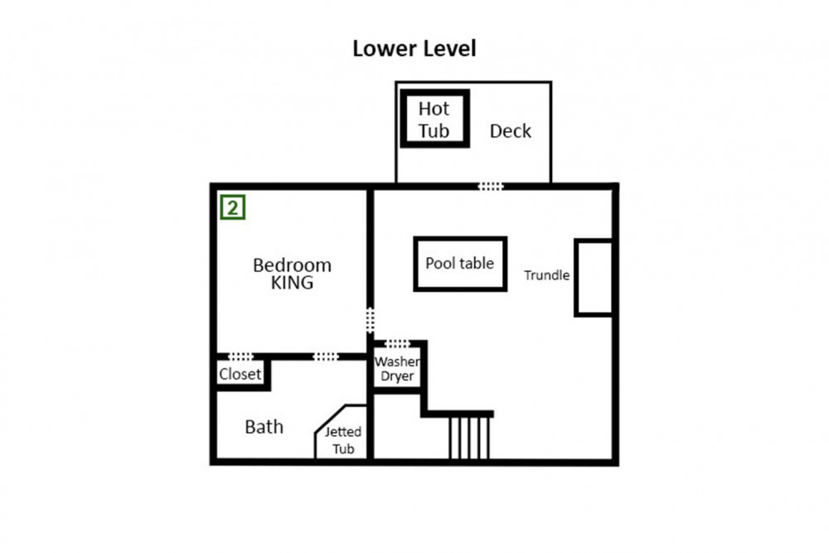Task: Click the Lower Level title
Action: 414,49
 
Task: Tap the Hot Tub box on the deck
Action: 434,119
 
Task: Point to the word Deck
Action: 510,131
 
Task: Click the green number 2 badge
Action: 233,207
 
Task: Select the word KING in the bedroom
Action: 292,283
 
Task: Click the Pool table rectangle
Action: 460,264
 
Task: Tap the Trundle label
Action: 546,275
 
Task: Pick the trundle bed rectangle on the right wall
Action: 594,278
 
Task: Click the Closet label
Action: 240,374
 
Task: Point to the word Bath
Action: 264,427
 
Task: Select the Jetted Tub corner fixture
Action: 341,433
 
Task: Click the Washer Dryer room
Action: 397,368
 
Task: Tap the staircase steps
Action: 469,438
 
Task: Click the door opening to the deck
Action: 491,186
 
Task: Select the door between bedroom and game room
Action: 370,320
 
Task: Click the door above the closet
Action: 240,357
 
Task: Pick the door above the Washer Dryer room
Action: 397,343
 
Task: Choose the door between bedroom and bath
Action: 326,357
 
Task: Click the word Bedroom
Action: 292,264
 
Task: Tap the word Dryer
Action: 397,376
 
